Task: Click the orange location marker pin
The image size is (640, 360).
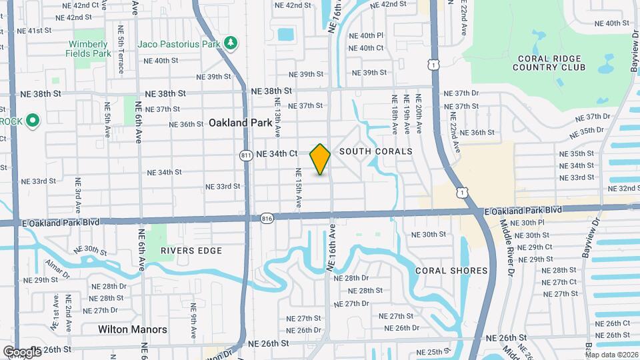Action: pyautogui.click(x=320, y=159)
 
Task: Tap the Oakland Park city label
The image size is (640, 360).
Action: pyautogui.click(x=240, y=123)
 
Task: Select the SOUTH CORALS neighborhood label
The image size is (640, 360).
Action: pyautogui.click(x=376, y=151)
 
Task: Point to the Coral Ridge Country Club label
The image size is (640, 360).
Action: pyautogui.click(x=549, y=62)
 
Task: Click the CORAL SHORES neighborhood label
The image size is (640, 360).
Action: pyautogui.click(x=451, y=271)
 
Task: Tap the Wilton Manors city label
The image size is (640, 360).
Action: pyautogui.click(x=133, y=329)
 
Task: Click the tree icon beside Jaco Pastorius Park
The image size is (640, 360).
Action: pyautogui.click(x=231, y=43)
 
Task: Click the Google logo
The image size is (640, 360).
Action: pyautogui.click(x=21, y=351)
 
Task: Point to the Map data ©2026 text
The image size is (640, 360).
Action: pyautogui.click(x=611, y=355)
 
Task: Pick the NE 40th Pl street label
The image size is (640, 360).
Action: pyautogui.click(x=371, y=35)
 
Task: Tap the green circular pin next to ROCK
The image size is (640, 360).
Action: pyautogui.click(x=33, y=121)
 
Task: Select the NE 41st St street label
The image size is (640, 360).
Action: pyautogui.click(x=35, y=30)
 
